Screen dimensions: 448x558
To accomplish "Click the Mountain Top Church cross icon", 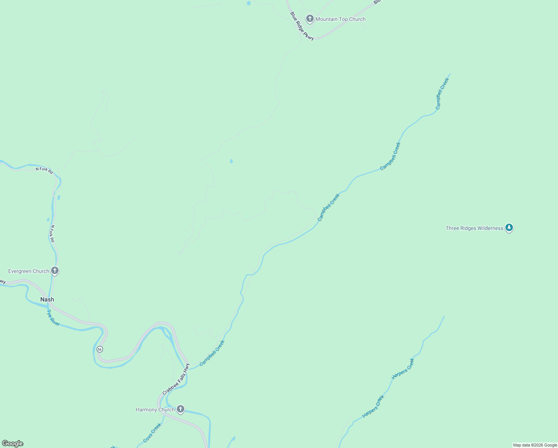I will coord(310,19).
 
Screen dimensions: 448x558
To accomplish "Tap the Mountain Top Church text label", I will coord(341,19).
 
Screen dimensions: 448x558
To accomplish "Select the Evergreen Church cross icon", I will coord(55,271).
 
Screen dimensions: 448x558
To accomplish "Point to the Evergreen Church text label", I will coord(29,271).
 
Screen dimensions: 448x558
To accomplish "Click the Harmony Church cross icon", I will coord(181,409).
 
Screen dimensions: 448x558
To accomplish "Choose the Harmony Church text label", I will coord(155,410).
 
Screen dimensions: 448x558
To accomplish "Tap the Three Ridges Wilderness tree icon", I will coord(509,227).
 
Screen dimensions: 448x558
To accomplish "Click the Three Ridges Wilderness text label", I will coord(474,228).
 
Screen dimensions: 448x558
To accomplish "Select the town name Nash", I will coord(47,299).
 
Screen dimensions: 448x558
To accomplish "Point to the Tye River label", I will coord(53,318).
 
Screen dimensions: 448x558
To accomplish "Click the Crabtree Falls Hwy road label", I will coord(176,379).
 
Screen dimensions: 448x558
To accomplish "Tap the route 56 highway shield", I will coord(100,349).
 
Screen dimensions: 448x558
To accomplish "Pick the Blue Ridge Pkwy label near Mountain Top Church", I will coord(302,26).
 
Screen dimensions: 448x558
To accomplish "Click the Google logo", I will coord(13,444).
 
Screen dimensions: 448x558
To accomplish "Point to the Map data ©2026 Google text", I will coord(535,445).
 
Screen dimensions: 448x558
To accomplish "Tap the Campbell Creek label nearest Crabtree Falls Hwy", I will coord(212,353).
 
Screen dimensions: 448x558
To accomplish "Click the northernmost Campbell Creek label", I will coord(443,93).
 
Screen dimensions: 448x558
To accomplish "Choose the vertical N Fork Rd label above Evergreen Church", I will coord(52,234).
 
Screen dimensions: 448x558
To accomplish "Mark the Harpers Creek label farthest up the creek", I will coord(403,369).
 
